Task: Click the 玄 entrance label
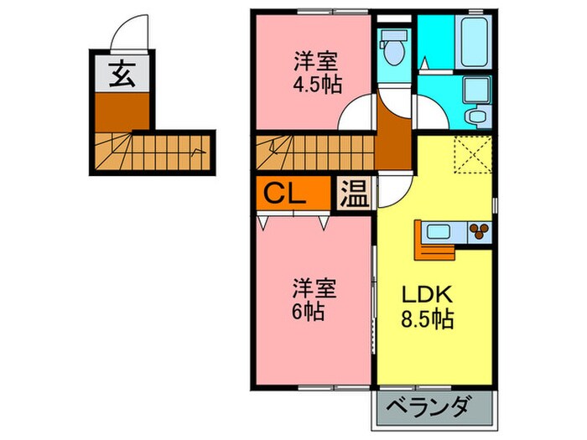pyautogui.click(x=122, y=75)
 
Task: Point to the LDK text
pyautogui.click(x=427, y=295)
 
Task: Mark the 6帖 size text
pyautogui.click(x=309, y=310)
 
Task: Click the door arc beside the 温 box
pyautogui.click(x=394, y=194)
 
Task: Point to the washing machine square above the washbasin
pyautogui.click(x=476, y=89)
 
